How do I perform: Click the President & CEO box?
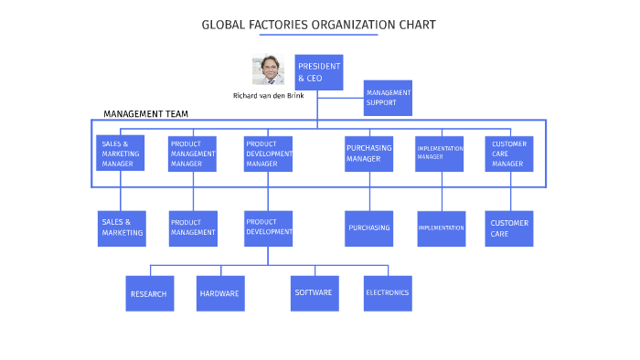(318, 72)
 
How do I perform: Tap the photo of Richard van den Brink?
(268, 70)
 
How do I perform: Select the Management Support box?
(388, 98)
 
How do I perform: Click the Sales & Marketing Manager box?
(120, 154)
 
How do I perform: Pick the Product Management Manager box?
(193, 154)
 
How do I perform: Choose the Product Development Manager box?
(268, 154)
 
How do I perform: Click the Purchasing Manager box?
(368, 154)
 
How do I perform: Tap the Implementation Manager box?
(442, 154)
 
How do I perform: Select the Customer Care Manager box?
(509, 154)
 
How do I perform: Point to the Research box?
(149, 293)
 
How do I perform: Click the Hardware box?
(220, 293)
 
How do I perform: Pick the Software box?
(315, 293)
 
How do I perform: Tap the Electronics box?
(388, 293)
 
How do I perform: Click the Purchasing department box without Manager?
(368, 228)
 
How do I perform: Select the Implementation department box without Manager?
(442, 228)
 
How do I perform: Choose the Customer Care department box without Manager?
(509, 228)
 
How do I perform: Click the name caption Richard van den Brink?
(268, 96)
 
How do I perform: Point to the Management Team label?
(145, 114)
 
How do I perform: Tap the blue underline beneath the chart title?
(318, 36)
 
